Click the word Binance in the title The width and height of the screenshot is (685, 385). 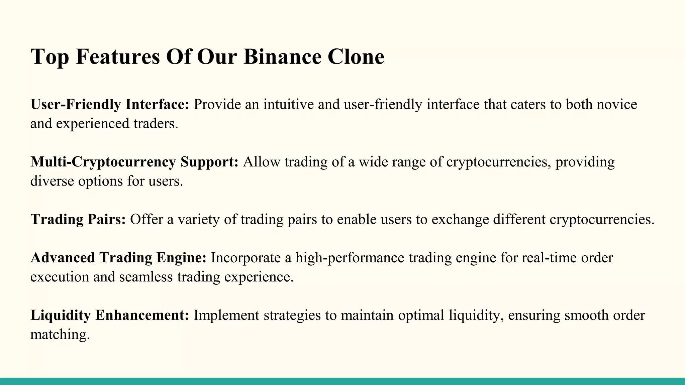282,56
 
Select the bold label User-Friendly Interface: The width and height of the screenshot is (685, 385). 110,104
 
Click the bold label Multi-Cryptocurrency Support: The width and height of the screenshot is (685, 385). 134,162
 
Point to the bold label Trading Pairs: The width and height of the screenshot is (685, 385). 78,219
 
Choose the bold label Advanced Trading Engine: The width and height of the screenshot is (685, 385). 118,258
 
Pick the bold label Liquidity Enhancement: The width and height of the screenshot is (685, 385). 110,315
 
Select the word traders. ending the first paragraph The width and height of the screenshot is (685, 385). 156,124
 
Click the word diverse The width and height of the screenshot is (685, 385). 52,181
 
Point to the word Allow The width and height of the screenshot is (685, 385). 262,162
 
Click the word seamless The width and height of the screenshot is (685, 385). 146,277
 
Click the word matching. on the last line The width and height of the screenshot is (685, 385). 60,335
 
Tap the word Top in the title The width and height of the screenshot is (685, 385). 50,56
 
